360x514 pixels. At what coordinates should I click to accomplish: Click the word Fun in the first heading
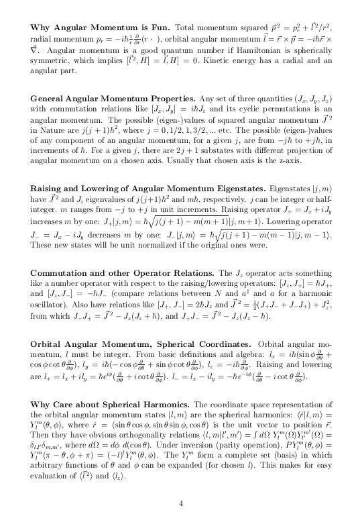point(161,28)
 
